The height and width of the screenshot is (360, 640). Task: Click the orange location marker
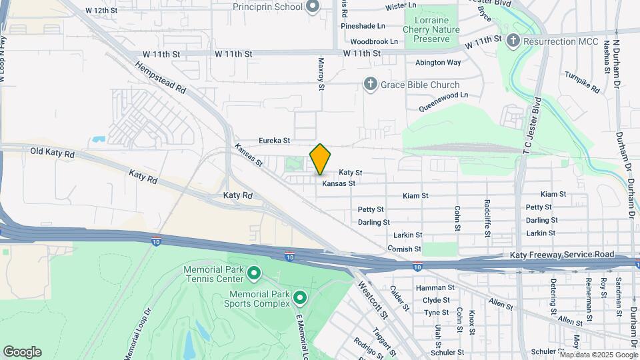[321, 159]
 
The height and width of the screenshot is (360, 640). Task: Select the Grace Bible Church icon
[371, 85]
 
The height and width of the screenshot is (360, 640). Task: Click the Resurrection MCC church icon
[513, 41]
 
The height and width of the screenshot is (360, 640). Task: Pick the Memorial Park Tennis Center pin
[253, 273]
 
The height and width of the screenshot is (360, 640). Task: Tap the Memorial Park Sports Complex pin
[299, 298]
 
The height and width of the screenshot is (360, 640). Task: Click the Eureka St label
[274, 141]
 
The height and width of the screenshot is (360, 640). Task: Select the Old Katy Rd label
[51, 152]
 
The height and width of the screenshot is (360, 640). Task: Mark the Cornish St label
[404, 249]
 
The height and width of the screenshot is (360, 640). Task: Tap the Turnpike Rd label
[581, 82]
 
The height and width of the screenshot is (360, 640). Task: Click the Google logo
[22, 352]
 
